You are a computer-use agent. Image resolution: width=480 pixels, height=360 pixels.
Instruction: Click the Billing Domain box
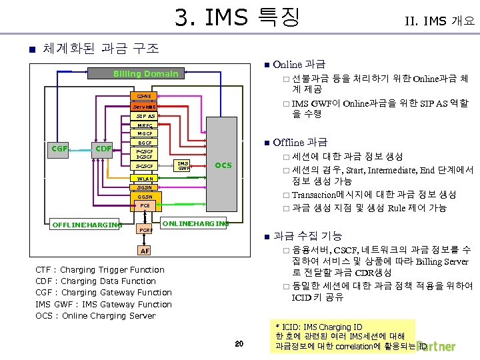(x=146, y=74)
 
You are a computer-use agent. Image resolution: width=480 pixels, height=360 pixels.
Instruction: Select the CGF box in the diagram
(x=61, y=148)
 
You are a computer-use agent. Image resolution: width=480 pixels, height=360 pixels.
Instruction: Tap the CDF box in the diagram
(x=103, y=148)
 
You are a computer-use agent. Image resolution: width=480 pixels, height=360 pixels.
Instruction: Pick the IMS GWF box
(x=183, y=166)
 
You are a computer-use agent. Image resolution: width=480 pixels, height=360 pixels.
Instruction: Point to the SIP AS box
(x=145, y=115)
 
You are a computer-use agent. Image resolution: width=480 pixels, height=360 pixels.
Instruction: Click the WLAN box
(x=145, y=179)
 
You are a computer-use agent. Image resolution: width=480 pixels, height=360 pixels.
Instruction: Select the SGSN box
(x=145, y=188)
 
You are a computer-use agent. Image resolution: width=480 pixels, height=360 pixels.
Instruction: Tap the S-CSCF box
(x=145, y=165)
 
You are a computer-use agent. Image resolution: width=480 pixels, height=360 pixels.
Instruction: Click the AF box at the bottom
(x=145, y=251)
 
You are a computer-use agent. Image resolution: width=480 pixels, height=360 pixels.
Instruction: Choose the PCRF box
(x=145, y=230)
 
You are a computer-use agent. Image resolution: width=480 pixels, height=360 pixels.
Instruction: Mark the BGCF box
(x=145, y=143)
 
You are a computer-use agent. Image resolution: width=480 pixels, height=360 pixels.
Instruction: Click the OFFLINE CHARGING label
(x=86, y=224)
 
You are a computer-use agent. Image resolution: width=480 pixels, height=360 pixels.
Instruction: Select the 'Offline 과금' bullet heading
(x=300, y=142)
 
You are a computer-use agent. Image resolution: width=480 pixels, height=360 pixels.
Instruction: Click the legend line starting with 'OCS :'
(x=95, y=315)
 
